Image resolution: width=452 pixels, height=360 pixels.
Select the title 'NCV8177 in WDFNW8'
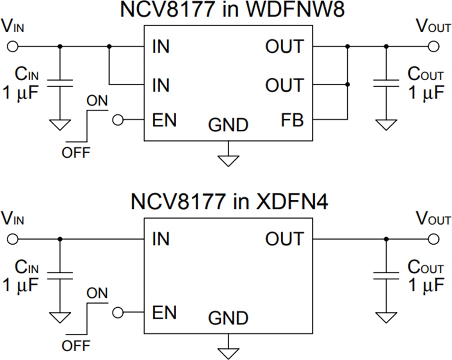(x=232, y=10)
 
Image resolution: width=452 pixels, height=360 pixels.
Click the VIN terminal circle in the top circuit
(x=13, y=46)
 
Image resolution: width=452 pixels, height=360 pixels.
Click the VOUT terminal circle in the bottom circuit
(x=434, y=239)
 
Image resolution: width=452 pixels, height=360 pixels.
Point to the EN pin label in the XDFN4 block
(x=164, y=313)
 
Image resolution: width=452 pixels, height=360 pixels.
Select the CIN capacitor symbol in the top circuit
(x=60, y=83)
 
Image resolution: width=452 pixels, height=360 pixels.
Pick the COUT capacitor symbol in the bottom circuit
(x=386, y=275)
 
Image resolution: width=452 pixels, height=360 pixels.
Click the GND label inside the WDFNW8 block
(x=228, y=125)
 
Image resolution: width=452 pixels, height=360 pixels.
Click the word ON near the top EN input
(x=97, y=101)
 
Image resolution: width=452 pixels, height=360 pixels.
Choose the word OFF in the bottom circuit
(x=76, y=346)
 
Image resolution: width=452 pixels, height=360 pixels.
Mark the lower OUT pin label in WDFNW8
(x=285, y=85)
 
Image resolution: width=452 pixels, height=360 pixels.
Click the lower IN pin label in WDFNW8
(x=161, y=85)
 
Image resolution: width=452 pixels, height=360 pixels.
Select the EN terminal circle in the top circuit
(x=118, y=120)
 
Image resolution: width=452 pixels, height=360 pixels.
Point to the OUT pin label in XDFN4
(x=285, y=239)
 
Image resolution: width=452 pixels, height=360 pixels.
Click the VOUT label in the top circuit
(x=433, y=27)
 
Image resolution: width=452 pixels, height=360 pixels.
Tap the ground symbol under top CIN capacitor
(x=60, y=124)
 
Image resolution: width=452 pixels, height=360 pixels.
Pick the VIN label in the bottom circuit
(x=13, y=220)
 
